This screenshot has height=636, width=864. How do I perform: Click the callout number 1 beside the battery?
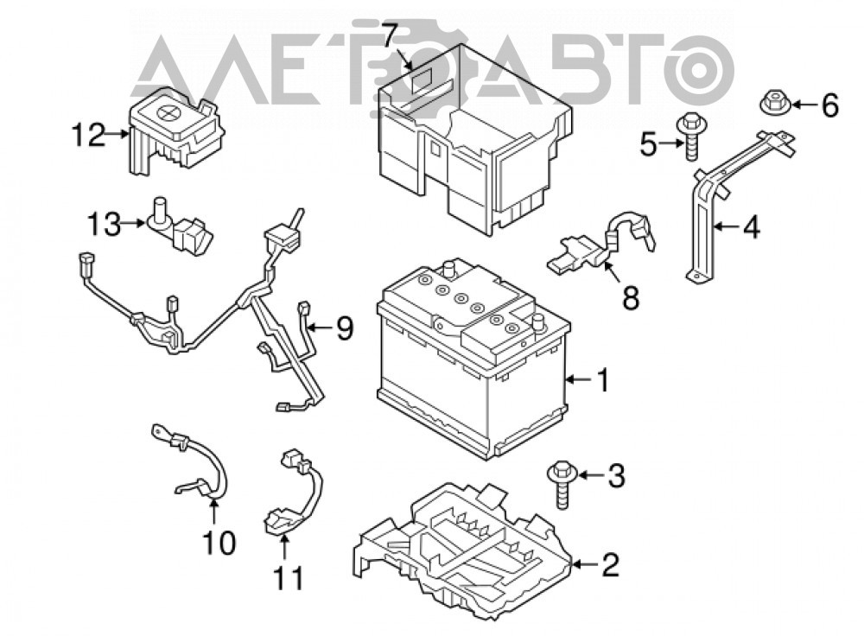[604, 379]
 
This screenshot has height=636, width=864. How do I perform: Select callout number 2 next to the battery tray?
[611, 564]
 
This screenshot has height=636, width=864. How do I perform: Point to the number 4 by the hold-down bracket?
[750, 226]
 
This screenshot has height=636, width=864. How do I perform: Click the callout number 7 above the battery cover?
[390, 35]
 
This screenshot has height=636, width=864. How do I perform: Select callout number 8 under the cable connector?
[631, 298]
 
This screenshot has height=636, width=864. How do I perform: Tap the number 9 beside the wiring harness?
[345, 328]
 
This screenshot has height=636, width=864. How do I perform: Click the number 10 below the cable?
[219, 543]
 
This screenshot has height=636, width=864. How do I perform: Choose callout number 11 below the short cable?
[289, 578]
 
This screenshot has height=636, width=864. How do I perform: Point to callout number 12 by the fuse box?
[89, 134]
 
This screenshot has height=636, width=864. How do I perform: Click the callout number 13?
[105, 225]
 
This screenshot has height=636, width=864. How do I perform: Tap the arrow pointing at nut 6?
[804, 105]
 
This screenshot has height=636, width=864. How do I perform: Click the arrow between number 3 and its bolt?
[590, 474]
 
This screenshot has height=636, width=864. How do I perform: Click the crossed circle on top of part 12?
[167, 112]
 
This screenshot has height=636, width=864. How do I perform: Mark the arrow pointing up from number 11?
[285, 549]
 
